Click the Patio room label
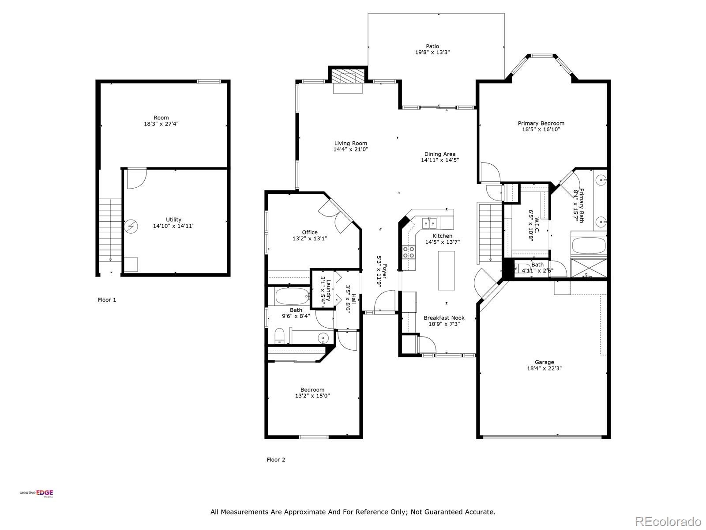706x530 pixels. click(432, 46)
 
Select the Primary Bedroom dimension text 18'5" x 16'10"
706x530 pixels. click(541, 129)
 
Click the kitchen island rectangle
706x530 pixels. click(446, 270)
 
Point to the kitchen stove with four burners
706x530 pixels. click(409, 252)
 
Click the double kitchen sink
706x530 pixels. click(429, 223)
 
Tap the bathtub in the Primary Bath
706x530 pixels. click(588, 246)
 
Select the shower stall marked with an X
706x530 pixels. click(589, 268)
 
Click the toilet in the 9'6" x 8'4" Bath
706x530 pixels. click(279, 336)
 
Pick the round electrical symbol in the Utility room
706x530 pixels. click(131, 227)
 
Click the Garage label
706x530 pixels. click(544, 362)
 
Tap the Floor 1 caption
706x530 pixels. click(107, 299)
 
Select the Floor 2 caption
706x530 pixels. click(276, 459)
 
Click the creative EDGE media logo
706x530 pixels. click(36, 493)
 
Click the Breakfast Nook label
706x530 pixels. click(444, 318)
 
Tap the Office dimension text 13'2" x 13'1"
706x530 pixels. click(310, 238)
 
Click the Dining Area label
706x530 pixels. click(439, 154)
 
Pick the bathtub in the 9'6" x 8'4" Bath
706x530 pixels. click(291, 296)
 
